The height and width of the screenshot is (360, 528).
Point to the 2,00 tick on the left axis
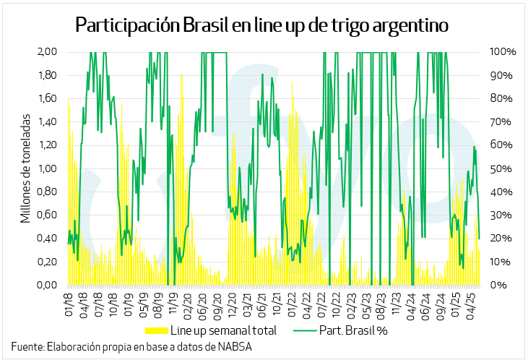47,52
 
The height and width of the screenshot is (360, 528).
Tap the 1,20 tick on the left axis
47,145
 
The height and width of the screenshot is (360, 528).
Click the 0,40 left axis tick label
47,239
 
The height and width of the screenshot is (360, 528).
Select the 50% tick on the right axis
501,168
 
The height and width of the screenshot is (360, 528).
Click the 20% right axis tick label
501,239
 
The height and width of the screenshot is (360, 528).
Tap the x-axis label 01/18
70,305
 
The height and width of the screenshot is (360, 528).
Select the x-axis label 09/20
217,305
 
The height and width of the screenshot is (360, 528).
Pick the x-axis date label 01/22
292,305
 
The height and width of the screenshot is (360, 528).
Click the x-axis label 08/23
381,305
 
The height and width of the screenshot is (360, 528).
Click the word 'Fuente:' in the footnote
27,346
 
